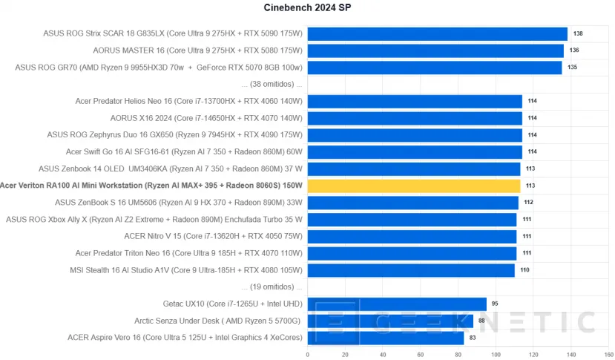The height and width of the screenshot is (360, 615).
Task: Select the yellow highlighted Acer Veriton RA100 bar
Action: [414, 186]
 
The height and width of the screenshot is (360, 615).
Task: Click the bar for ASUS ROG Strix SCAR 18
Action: [437, 33]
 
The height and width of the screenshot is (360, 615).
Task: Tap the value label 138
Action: [578, 33]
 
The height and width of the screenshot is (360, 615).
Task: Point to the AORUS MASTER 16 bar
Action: [435, 50]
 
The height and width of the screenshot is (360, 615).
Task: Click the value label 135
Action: [573, 68]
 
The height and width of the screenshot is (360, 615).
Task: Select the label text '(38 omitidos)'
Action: [272, 84]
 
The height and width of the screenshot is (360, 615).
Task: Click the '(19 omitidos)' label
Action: [272, 287]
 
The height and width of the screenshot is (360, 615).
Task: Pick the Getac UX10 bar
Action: [397, 304]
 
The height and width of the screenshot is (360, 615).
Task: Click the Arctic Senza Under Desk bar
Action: [390, 321]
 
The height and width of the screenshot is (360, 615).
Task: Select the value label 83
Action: [473, 338]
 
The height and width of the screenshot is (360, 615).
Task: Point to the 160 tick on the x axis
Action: [608, 354]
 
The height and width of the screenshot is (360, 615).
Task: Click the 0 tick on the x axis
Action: [308, 354]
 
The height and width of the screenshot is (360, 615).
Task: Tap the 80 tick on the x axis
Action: [458, 354]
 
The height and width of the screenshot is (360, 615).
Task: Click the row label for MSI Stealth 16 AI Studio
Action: [186, 270]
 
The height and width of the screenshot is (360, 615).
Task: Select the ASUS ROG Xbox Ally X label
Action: [154, 220]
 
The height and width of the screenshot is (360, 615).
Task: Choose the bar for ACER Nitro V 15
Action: [412, 236]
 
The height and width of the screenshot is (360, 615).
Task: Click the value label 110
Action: [524, 270]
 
